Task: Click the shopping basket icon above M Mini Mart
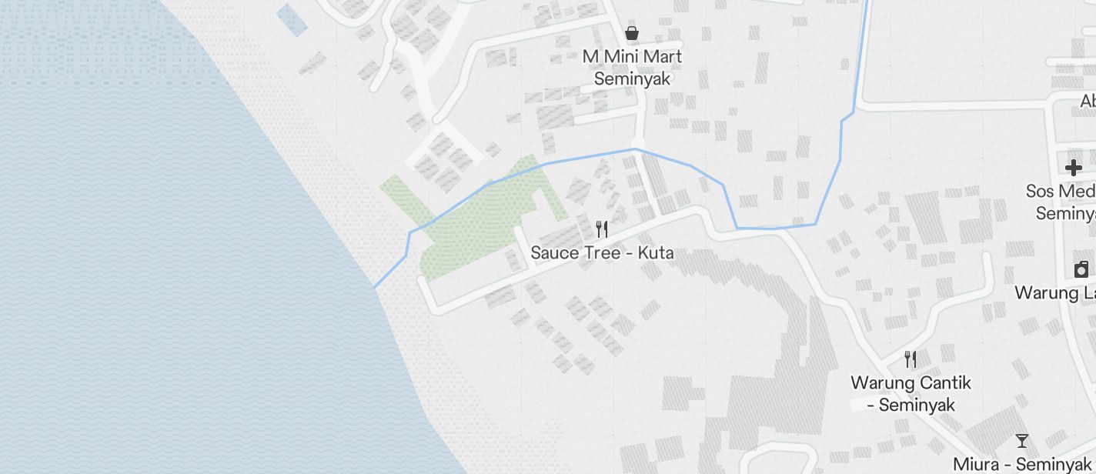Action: pyautogui.click(x=632, y=33)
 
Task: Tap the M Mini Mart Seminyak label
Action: pyautogui.click(x=632, y=68)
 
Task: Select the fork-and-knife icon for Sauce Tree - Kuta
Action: pyautogui.click(x=602, y=229)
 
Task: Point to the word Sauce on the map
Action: pyautogui.click(x=551, y=252)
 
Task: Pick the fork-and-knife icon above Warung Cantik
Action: pyautogui.click(x=911, y=359)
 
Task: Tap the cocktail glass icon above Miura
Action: pyautogui.click(x=1022, y=441)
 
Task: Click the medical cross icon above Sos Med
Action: pyautogui.click(x=1074, y=168)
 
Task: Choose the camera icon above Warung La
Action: pyautogui.click(x=1081, y=269)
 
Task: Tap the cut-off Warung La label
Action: pyautogui.click(x=1054, y=292)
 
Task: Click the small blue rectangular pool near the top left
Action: pyautogui.click(x=292, y=19)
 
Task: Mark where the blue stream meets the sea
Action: pyautogui.click(x=375, y=287)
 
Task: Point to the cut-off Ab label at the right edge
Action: pyautogui.click(x=1088, y=101)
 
